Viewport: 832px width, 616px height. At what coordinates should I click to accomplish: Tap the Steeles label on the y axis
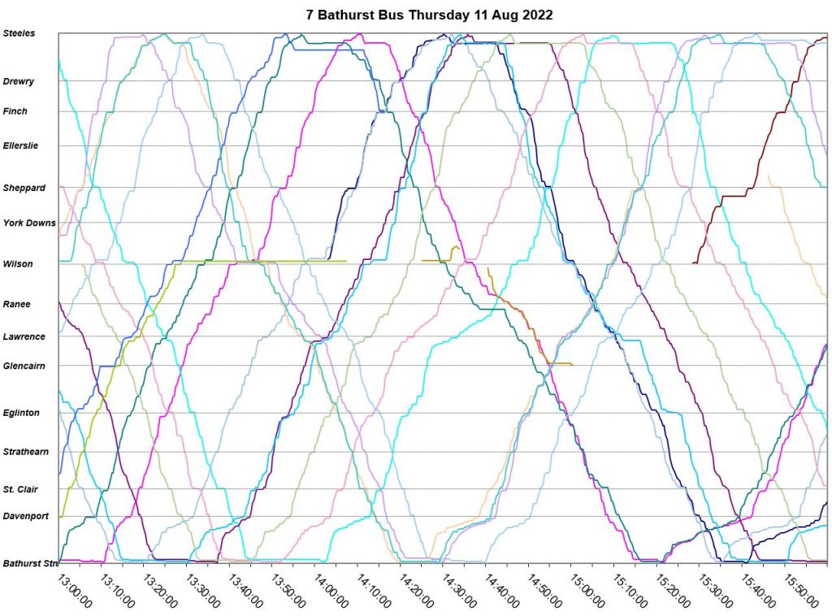click(19, 33)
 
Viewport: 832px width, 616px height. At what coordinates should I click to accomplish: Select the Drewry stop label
click(19, 81)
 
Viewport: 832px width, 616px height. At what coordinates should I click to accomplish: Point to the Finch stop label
click(15, 111)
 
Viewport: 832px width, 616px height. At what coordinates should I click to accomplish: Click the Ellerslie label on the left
click(20, 145)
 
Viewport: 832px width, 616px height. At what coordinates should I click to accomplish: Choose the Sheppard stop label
click(24, 188)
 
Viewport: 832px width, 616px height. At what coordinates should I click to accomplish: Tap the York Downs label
click(29, 223)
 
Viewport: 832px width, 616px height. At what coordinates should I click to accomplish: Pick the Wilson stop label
click(17, 263)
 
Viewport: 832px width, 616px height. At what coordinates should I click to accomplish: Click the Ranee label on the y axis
click(16, 304)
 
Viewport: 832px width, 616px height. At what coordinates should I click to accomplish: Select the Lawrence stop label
click(24, 336)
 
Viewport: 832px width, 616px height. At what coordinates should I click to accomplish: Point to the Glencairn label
click(24, 366)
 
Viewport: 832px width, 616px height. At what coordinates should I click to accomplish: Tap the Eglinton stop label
click(21, 413)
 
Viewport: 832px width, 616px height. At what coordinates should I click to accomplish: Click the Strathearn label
click(25, 451)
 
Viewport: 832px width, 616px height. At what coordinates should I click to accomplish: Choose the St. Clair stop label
click(20, 489)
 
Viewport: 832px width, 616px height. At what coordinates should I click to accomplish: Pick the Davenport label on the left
click(25, 516)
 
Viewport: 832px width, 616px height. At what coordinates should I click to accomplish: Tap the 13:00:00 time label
click(73, 591)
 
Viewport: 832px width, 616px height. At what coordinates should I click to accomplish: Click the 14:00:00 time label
click(331, 591)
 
